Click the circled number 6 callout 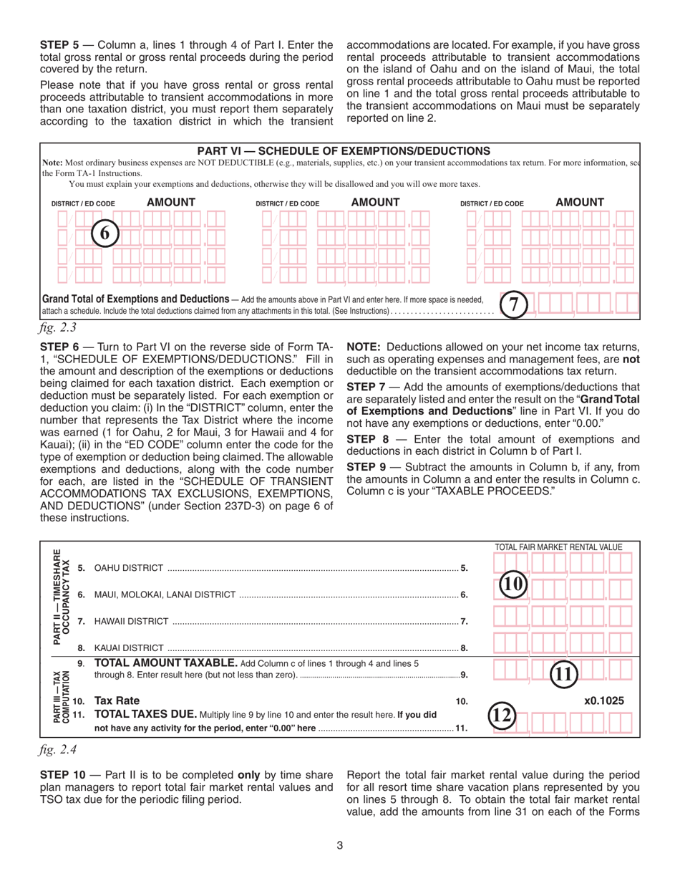pyautogui.click(x=105, y=234)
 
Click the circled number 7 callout pyautogui.click(x=513, y=304)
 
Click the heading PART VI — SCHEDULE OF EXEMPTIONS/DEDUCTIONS pyautogui.click(x=344, y=151)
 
